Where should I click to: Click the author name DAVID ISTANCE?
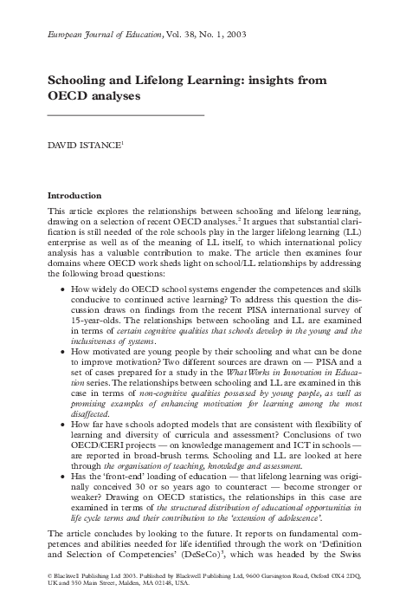(83, 139)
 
